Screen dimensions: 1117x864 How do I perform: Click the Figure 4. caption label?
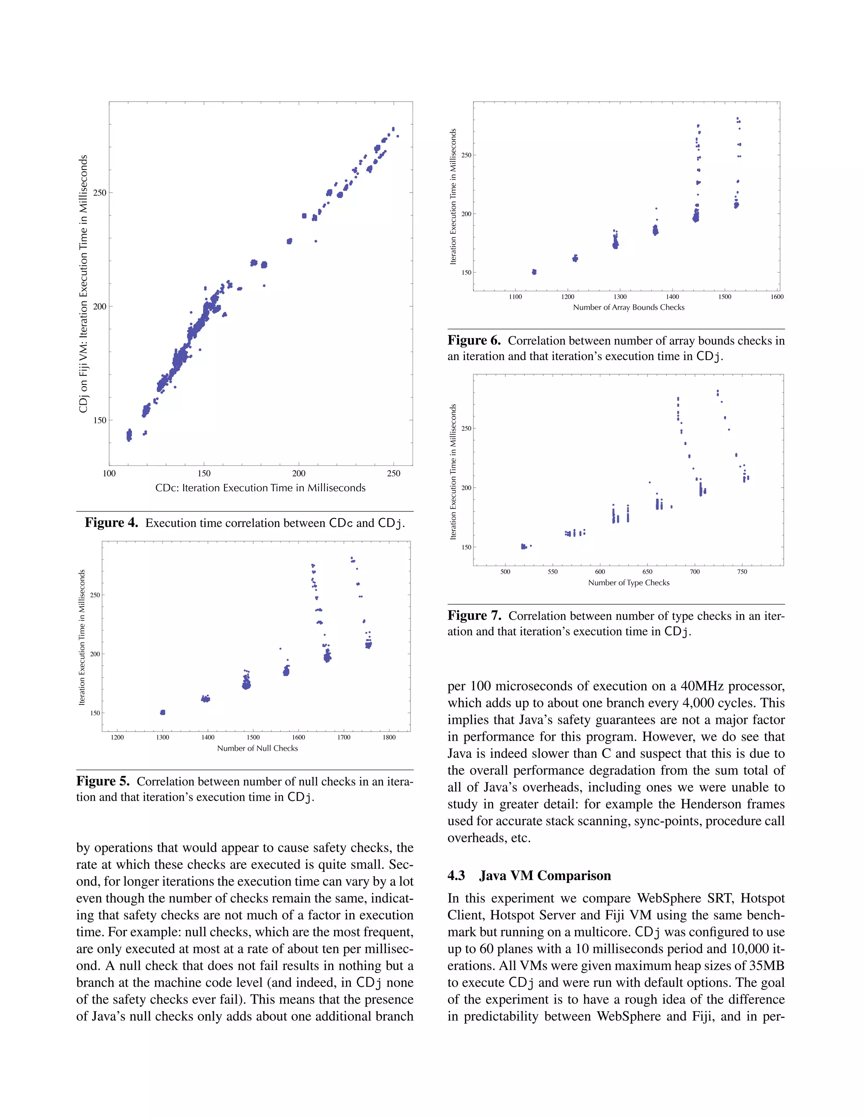[x=111, y=523]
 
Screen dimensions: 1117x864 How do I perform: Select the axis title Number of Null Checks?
[x=257, y=748]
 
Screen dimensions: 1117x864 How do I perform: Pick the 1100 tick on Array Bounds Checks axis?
[x=516, y=297]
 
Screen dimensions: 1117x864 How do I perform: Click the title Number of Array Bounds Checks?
[x=628, y=307]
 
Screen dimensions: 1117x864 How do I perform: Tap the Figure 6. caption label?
[x=473, y=341]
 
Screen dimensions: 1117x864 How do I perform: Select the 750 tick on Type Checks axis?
[x=742, y=572]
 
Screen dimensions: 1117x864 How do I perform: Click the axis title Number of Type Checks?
[x=628, y=583]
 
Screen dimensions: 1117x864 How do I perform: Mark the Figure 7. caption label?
[x=473, y=616]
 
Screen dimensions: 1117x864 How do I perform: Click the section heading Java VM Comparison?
[x=545, y=875]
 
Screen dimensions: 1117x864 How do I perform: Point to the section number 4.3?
[x=456, y=875]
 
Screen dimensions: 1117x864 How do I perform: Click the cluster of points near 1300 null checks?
[x=162, y=712]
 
